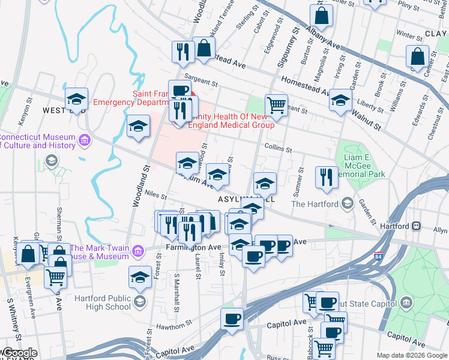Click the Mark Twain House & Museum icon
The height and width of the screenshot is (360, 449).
(138, 250)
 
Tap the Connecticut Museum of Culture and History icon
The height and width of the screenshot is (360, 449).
(84, 140)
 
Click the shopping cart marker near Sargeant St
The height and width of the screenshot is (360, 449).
(276, 105)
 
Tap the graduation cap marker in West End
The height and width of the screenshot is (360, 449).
(77, 98)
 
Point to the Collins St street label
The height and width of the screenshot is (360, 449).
(279, 149)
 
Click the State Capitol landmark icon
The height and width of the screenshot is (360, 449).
(408, 301)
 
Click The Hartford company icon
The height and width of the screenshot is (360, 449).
(346, 204)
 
